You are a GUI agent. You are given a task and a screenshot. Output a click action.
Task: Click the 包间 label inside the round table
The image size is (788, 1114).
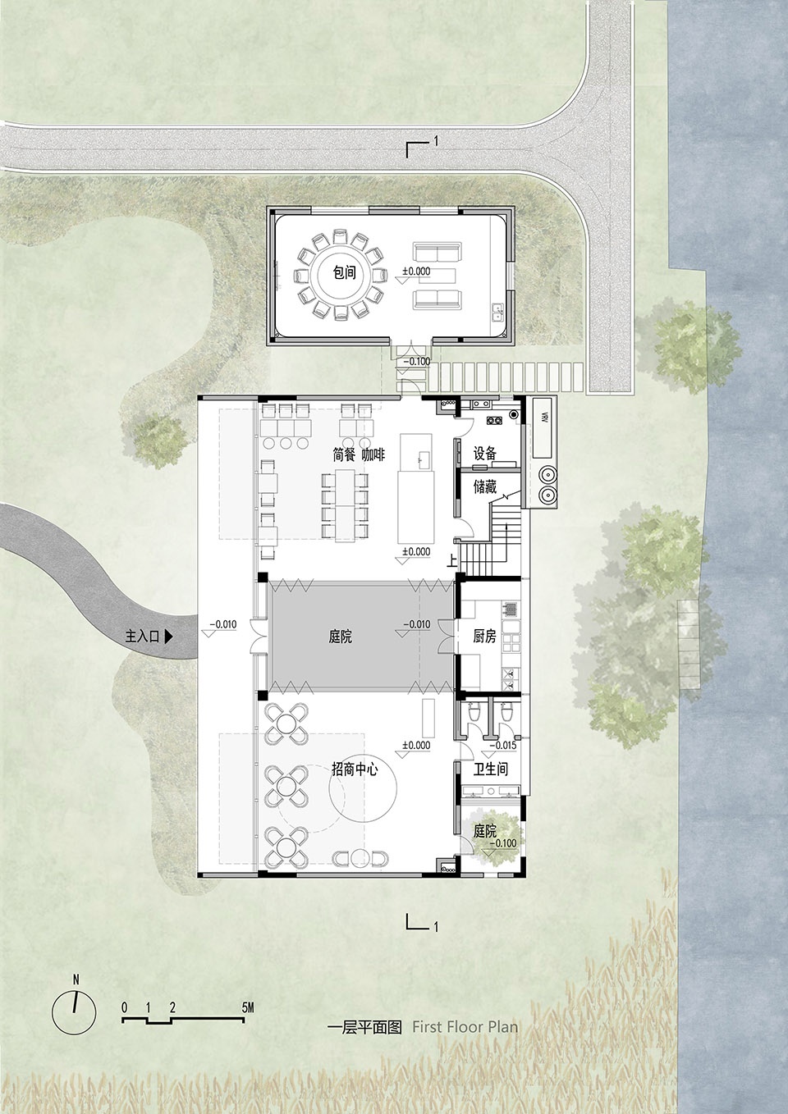click(x=344, y=272)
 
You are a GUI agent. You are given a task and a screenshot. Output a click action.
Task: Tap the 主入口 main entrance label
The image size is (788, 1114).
click(x=142, y=636)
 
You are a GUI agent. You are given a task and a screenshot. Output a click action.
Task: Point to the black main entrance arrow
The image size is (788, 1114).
click(x=169, y=636)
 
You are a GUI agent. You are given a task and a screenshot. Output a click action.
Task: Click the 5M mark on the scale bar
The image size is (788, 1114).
click(x=247, y=799)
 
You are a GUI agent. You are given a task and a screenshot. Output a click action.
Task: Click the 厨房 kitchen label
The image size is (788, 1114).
click(x=484, y=636)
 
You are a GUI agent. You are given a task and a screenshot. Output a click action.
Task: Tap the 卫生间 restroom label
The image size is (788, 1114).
click(x=491, y=769)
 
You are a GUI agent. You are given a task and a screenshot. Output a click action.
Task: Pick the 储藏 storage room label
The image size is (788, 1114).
click(x=485, y=486)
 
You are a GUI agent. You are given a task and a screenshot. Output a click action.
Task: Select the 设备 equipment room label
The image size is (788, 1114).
click(x=485, y=453)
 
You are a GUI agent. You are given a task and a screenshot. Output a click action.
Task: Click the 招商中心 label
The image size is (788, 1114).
click(x=355, y=769)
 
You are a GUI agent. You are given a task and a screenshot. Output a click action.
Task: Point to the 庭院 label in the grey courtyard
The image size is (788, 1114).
click(x=341, y=636)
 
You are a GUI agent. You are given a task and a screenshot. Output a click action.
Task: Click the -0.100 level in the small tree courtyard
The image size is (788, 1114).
click(x=503, y=843)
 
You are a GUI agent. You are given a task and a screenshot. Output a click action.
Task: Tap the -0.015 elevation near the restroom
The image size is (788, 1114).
click(x=503, y=746)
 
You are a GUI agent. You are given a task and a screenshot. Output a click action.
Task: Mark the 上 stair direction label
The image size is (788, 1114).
click(x=451, y=561)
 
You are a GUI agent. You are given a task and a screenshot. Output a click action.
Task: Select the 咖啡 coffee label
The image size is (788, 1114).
click(x=373, y=454)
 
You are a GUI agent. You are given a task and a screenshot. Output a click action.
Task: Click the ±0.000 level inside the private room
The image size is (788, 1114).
click(x=416, y=272)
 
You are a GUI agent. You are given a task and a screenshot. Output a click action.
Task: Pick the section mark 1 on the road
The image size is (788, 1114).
click(x=436, y=142)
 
